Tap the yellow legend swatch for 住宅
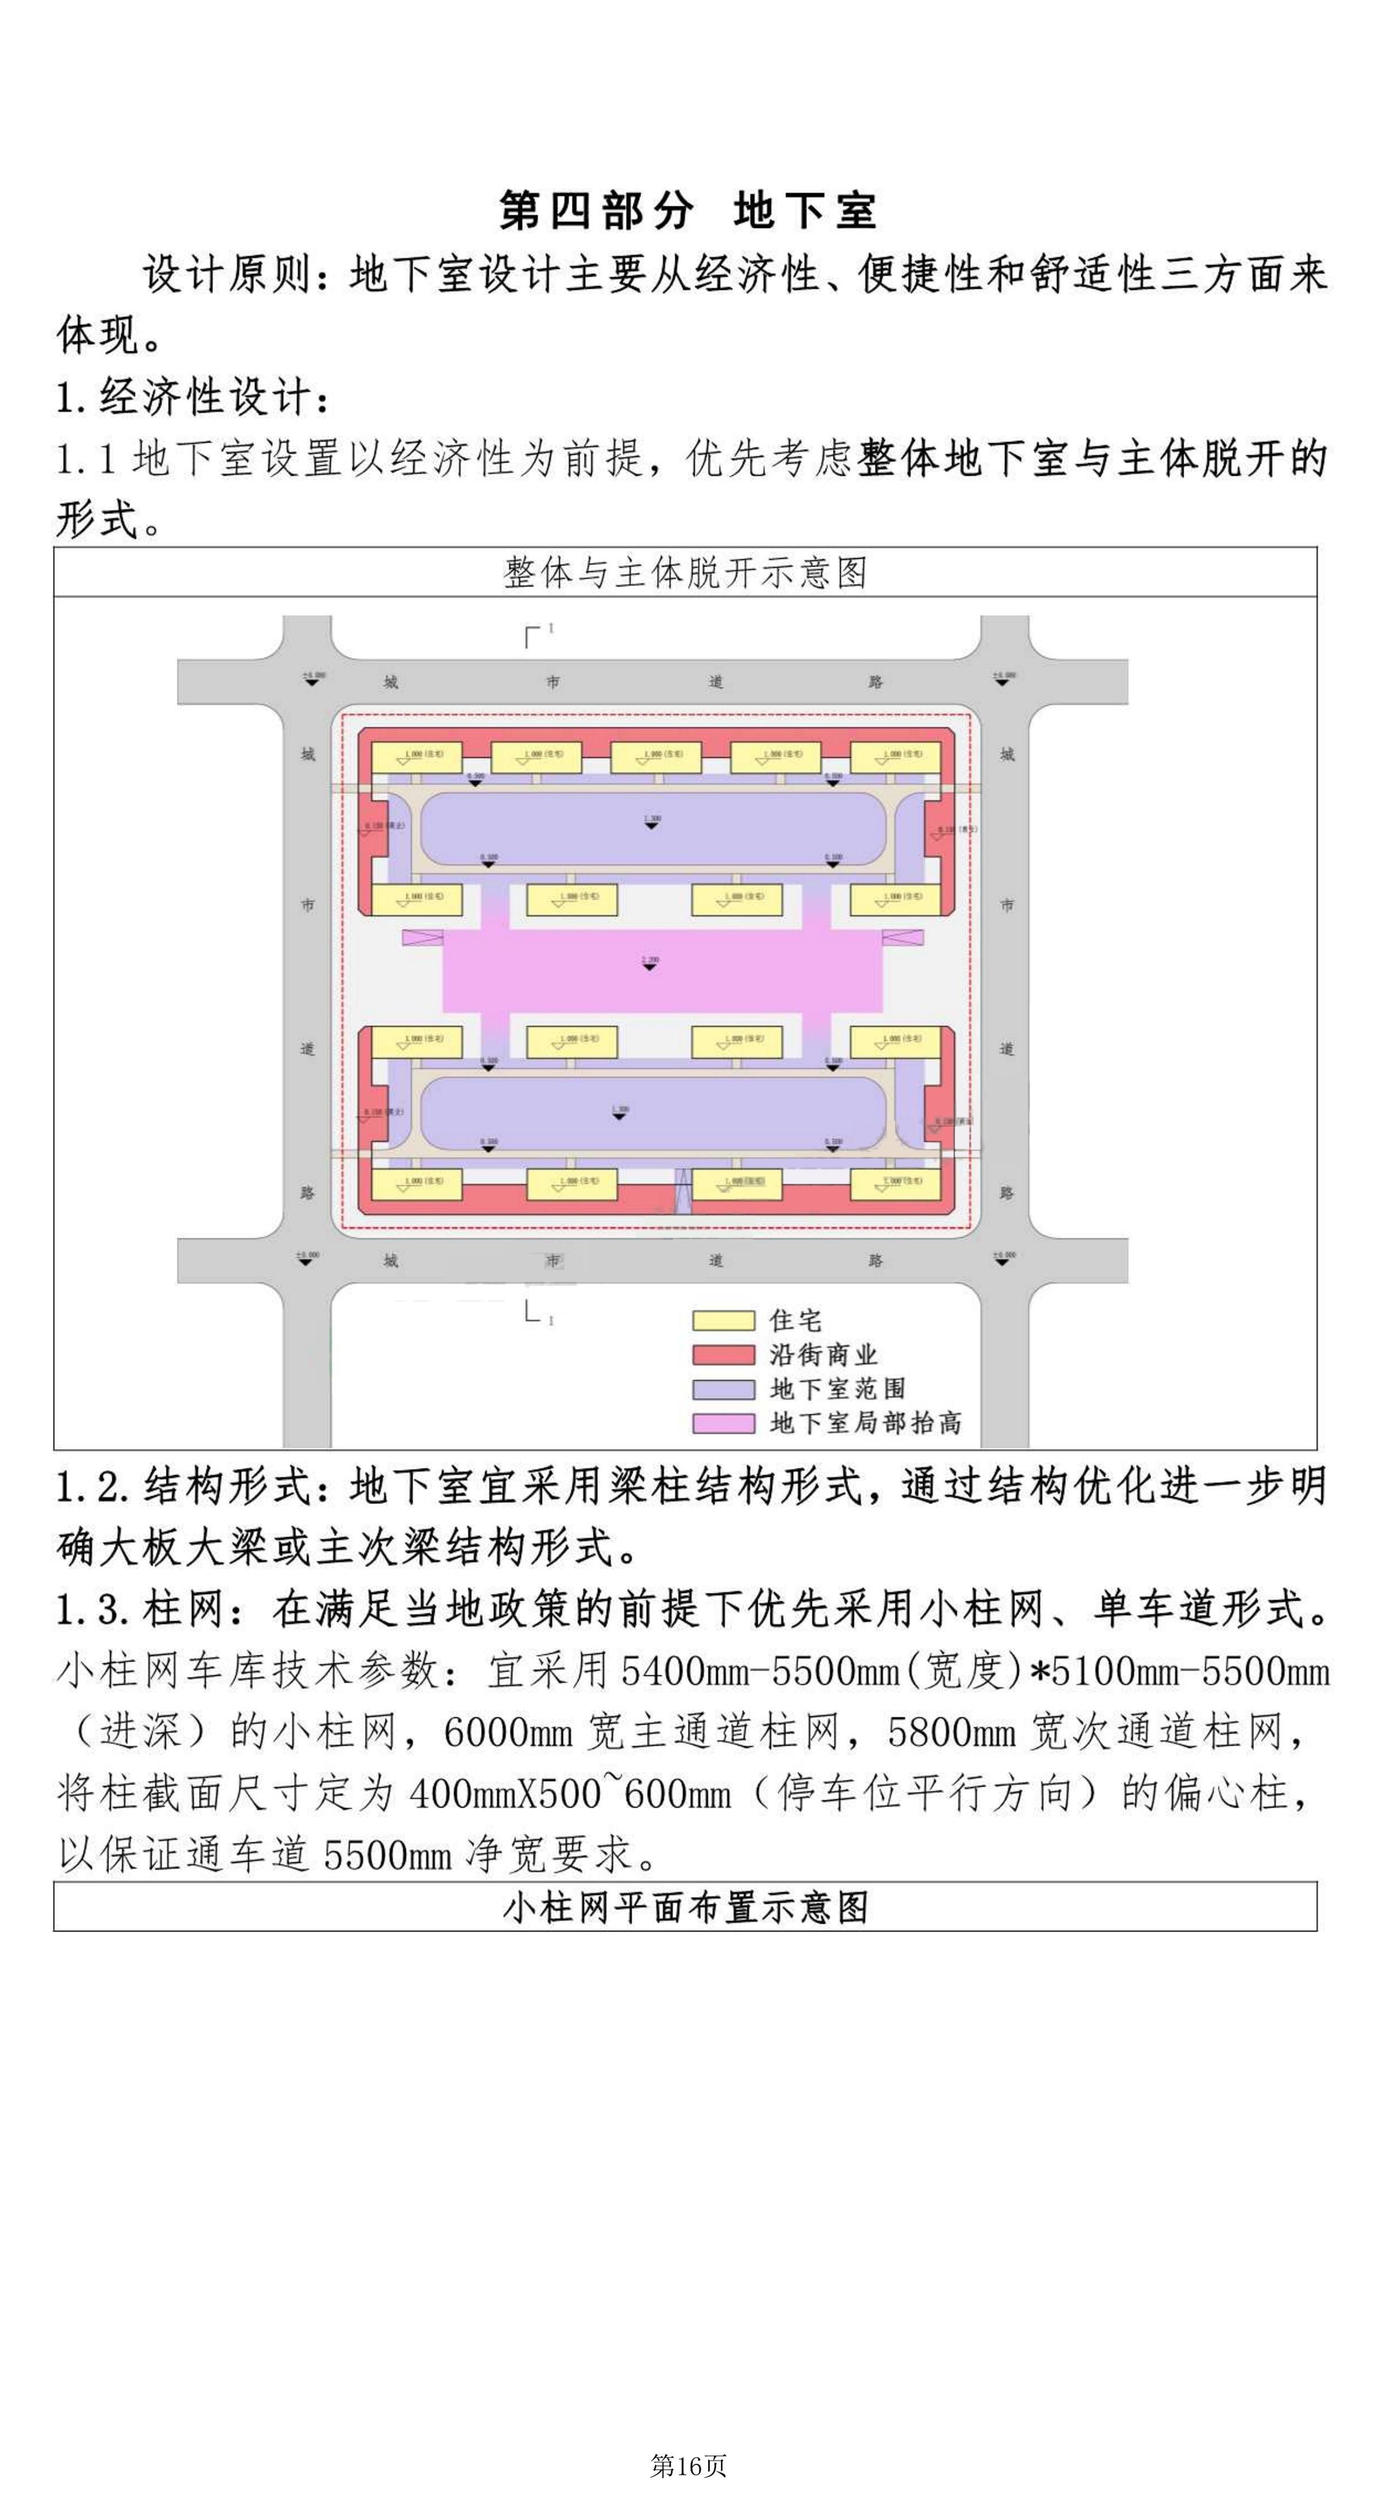point(723,1321)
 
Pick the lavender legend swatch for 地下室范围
point(723,1389)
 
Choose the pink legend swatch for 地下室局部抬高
point(723,1423)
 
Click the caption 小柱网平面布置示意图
point(685,1907)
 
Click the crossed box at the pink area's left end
point(422,937)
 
